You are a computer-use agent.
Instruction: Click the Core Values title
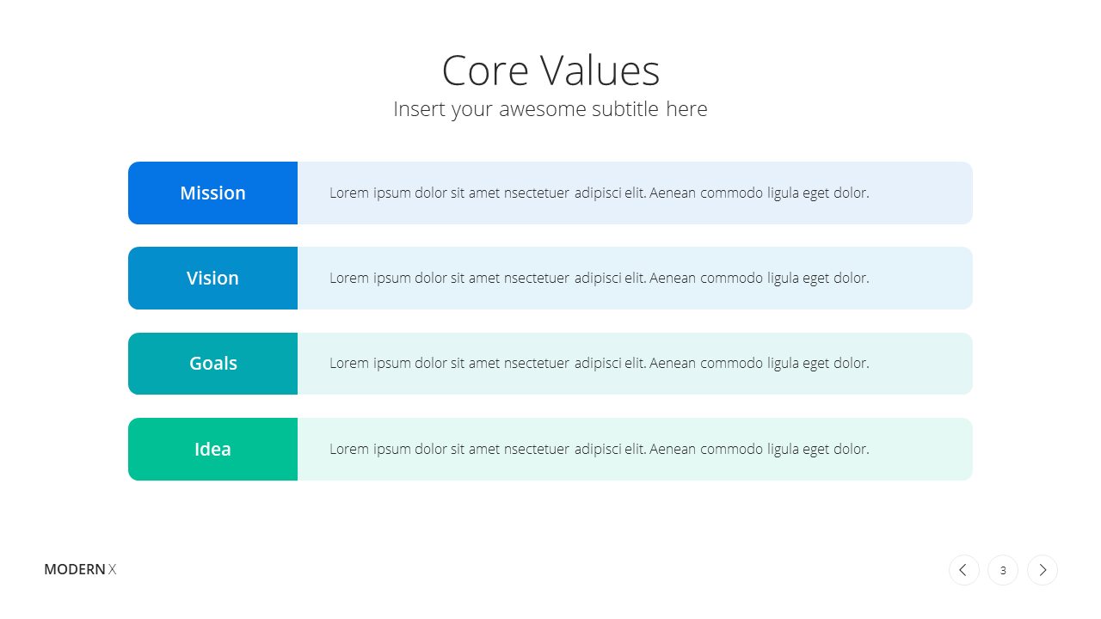click(550, 70)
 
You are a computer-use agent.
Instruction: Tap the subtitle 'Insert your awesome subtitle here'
click(550, 109)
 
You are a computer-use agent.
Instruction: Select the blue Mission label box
click(212, 193)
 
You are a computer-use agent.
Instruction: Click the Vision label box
click(212, 278)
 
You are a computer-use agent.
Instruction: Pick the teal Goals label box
click(212, 364)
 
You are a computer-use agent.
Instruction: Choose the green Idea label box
click(212, 449)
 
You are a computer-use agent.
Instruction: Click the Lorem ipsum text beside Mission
click(600, 193)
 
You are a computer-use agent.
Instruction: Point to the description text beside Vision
click(600, 278)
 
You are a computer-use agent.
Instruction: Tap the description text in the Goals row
click(600, 364)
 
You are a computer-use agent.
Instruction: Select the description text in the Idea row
click(600, 449)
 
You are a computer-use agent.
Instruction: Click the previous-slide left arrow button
click(964, 570)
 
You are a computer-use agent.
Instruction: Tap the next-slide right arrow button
click(1043, 570)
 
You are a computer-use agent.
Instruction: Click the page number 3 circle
click(1003, 570)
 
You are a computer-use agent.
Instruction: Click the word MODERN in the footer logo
click(75, 569)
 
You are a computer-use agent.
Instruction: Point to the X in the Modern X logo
click(112, 569)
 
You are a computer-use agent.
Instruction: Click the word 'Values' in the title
click(600, 70)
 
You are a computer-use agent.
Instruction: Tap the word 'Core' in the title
click(485, 70)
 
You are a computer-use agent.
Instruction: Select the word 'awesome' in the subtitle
click(543, 110)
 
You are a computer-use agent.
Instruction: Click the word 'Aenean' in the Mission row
click(673, 193)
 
